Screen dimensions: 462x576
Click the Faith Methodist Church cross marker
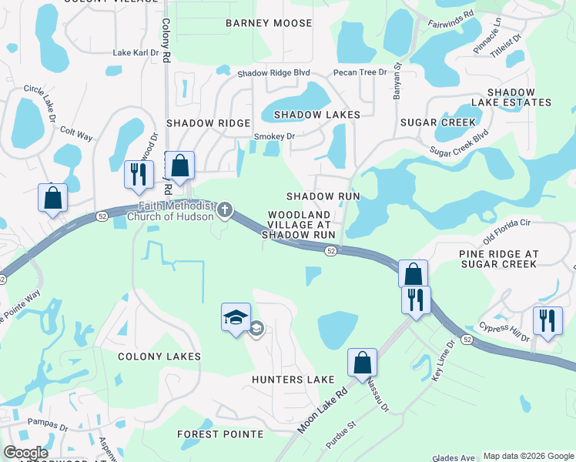(x=224, y=209)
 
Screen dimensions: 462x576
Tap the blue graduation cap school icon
(x=236, y=317)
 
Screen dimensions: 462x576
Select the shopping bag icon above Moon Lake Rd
(x=362, y=362)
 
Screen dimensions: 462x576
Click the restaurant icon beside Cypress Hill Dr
(x=548, y=320)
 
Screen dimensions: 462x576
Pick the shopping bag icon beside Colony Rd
(x=179, y=166)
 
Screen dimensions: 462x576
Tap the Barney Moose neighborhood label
(x=269, y=23)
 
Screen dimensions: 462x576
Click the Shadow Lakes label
(x=310, y=115)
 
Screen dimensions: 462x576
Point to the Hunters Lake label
(x=293, y=380)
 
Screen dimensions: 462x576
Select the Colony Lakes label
(x=159, y=357)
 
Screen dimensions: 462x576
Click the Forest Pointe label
(x=220, y=434)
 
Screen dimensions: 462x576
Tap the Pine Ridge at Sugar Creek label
(x=497, y=259)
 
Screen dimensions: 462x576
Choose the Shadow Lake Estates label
(x=519, y=97)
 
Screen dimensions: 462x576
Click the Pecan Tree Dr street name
(x=360, y=72)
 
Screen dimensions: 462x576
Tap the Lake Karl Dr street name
(x=135, y=53)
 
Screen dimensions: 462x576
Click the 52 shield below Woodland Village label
(x=330, y=251)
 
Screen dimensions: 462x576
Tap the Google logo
(x=25, y=453)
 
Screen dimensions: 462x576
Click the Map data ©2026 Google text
(x=527, y=456)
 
